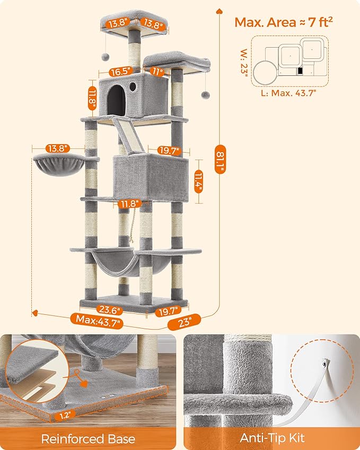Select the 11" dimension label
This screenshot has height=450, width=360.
click(x=156, y=70)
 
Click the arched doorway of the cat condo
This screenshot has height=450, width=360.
click(x=116, y=99)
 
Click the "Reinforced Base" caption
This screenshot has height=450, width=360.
click(x=89, y=439)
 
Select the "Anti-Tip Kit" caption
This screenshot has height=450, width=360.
click(x=271, y=439)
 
